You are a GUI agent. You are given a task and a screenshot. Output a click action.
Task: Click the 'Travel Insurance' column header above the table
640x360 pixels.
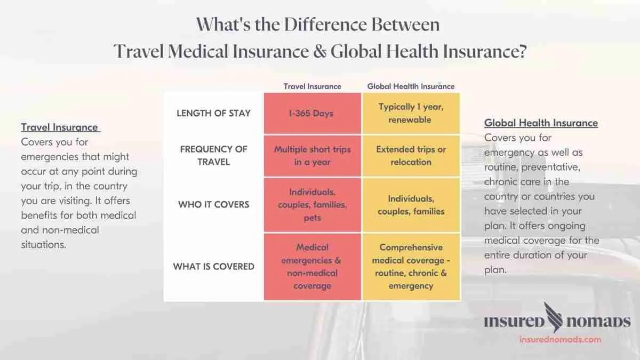(313, 86)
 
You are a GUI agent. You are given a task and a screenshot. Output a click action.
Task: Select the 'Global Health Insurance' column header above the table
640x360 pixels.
(411, 86)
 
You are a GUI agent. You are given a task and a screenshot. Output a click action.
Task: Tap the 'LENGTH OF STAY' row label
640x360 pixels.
(213, 113)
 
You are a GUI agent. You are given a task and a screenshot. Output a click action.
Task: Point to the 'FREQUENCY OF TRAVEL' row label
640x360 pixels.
(213, 155)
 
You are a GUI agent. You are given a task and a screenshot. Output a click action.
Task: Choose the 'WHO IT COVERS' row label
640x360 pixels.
(213, 205)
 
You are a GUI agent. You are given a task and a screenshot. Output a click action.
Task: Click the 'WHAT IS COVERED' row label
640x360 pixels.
(213, 266)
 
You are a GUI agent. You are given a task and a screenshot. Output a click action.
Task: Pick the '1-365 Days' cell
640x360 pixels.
(313, 113)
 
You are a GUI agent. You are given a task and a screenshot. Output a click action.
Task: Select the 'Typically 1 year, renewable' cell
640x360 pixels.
(411, 113)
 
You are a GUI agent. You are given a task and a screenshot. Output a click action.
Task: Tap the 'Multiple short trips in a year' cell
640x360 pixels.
(313, 156)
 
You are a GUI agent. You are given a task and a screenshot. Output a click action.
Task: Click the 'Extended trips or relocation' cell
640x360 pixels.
(411, 156)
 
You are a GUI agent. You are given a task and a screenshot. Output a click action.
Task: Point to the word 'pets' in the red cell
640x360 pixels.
(313, 218)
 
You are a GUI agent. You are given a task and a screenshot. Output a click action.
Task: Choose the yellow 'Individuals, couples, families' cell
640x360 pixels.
(411, 205)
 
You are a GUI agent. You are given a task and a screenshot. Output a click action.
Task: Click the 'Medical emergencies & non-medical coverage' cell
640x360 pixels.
(313, 267)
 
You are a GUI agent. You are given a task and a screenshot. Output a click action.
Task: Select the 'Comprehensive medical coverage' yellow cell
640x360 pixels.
(411, 267)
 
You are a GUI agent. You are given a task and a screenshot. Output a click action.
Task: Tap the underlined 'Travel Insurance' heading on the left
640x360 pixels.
(60, 127)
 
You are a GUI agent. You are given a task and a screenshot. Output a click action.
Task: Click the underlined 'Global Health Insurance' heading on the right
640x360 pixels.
(541, 123)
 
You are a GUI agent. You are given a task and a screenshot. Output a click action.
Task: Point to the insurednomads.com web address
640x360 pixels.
(561, 339)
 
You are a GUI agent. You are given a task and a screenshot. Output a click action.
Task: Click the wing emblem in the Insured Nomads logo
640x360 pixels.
(554, 317)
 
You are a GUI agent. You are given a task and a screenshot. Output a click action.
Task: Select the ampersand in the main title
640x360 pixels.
(319, 51)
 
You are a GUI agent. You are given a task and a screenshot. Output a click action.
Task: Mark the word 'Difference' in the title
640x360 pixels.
(325, 25)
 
